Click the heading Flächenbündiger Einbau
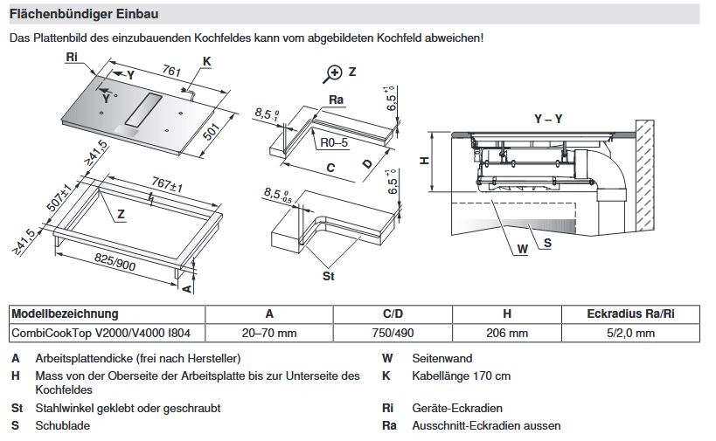[x=83, y=15]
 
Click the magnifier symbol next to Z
[x=333, y=72]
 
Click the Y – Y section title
[x=549, y=118]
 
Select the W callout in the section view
[x=523, y=249]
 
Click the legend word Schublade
[x=62, y=425]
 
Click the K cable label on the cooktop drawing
[x=206, y=60]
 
